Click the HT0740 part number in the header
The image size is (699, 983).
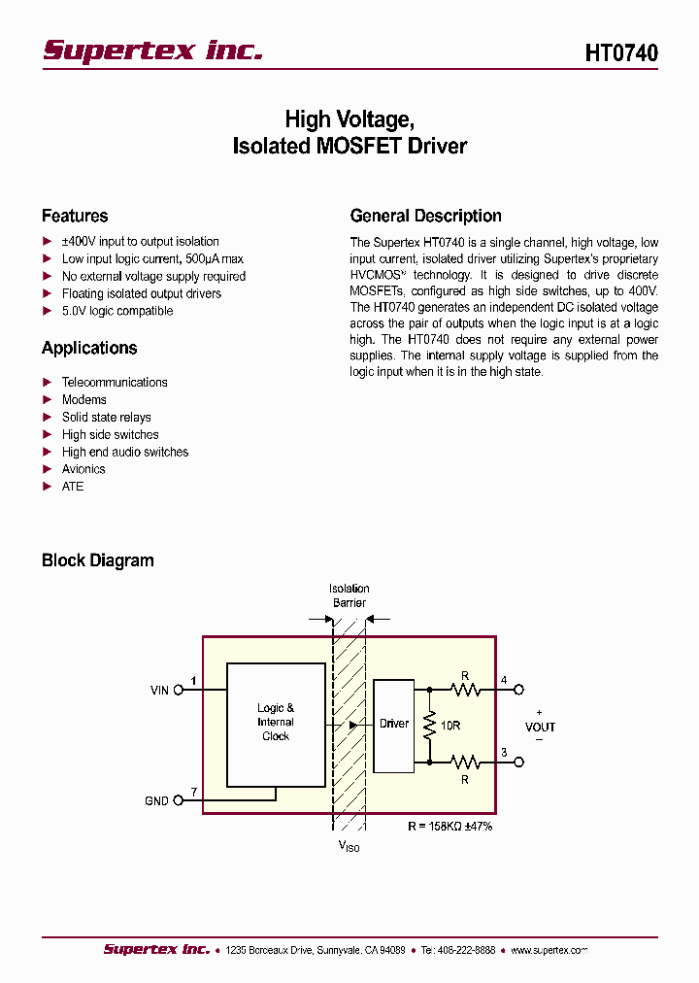[621, 52]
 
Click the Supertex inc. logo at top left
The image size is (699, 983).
[152, 51]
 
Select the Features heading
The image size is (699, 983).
[75, 216]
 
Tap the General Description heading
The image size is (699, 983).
[425, 216]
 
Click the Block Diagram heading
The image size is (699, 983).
[97, 560]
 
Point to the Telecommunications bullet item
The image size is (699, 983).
[115, 383]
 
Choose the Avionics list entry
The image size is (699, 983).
[83, 469]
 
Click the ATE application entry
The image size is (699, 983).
[73, 487]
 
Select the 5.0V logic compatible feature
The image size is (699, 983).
[117, 311]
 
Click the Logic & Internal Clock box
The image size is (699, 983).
[276, 724]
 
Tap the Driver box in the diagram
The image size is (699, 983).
[394, 724]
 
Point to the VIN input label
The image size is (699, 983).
[159, 691]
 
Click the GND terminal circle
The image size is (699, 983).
[178, 801]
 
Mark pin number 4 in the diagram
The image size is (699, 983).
[504, 680]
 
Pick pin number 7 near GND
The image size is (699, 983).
[194, 793]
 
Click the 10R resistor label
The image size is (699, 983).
[450, 727]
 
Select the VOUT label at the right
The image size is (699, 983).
[540, 727]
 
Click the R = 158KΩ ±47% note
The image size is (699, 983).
[450, 826]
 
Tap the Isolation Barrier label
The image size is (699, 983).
[349, 595]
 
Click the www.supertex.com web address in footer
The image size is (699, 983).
[549, 950]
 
